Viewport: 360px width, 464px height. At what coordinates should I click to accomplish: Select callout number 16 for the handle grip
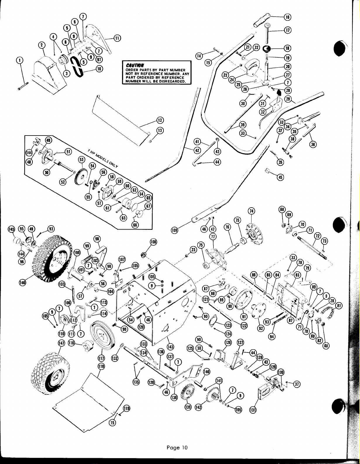(x=287, y=17)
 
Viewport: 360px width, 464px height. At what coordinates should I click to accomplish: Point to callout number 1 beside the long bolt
(x=20, y=60)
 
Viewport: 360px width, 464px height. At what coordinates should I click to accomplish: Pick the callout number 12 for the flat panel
(x=160, y=120)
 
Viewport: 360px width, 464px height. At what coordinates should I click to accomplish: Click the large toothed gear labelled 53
(x=80, y=176)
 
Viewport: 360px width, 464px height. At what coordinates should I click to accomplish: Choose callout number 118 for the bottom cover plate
(x=101, y=366)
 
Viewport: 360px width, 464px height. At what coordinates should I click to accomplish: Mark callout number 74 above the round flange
(x=251, y=211)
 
